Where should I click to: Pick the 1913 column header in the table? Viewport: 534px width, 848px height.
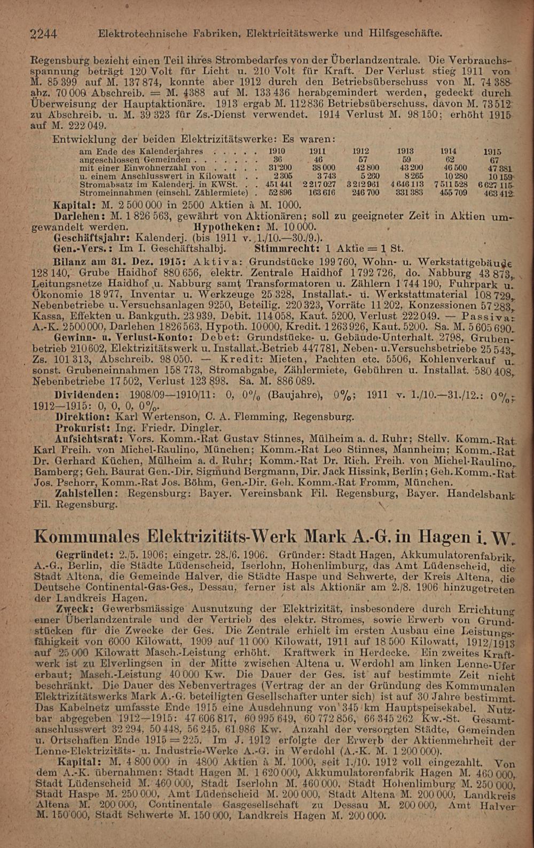click(x=407, y=151)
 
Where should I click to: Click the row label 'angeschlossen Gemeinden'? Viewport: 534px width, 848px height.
click(x=135, y=159)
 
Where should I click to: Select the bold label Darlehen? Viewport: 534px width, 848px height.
click(x=79, y=217)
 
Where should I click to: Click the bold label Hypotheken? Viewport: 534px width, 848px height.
click(x=219, y=227)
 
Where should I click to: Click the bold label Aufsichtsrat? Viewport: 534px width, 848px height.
click(x=93, y=438)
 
